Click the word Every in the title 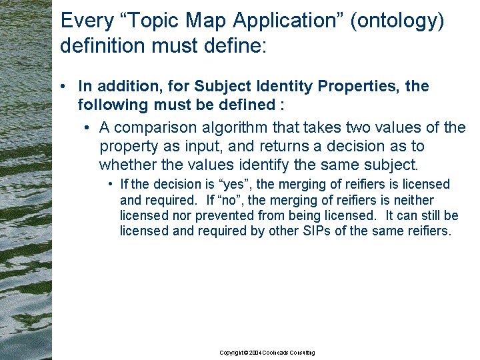coord(87,21)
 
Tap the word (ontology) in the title coord(397,21)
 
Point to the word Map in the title coord(206,21)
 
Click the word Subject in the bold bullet coord(223,86)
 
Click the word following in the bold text coord(113,105)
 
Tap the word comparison coord(155,127)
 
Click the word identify coord(264,165)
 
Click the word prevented coord(225,216)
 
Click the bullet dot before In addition coord(63,86)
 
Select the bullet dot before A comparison coord(87,127)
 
